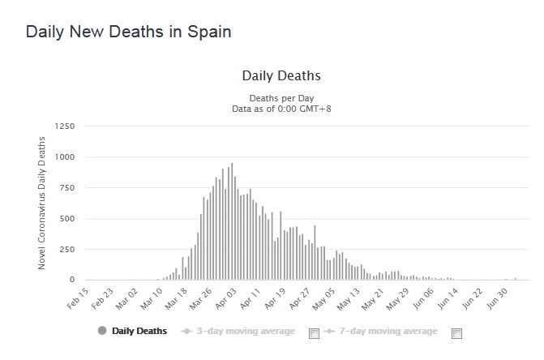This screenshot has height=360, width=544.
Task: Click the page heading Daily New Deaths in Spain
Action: [129, 32]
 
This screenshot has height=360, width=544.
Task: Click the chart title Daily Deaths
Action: [281, 76]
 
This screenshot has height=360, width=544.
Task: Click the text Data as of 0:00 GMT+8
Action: [281, 109]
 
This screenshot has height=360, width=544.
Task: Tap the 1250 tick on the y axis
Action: [64, 126]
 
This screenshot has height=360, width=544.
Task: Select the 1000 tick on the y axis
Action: [64, 157]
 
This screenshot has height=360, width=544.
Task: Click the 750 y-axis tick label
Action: [67, 188]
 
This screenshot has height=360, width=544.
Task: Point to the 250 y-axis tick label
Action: [67, 250]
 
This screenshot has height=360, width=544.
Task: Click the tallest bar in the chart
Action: [232, 223]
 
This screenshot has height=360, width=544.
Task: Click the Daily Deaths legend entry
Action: [139, 331]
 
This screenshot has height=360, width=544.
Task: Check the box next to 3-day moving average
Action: [315, 332]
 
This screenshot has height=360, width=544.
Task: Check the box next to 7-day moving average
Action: [456, 332]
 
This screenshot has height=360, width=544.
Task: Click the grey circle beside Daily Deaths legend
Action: [102, 331]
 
